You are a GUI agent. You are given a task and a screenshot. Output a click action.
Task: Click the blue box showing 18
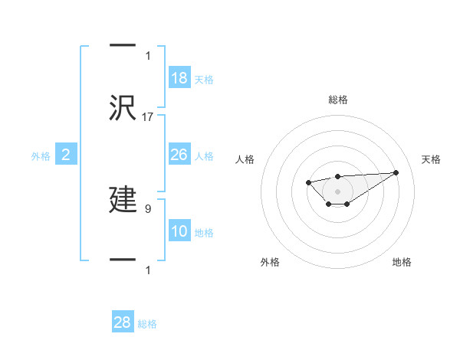179,78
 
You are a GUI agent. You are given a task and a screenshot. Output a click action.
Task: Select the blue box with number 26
179,155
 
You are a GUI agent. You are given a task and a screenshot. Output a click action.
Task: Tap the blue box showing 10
179,231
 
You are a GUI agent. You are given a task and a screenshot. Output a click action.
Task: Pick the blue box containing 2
65,155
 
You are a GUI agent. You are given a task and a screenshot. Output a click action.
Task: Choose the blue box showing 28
123,322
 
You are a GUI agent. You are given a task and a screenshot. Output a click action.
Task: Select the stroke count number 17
148,116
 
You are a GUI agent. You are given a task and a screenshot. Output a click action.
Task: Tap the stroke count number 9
148,207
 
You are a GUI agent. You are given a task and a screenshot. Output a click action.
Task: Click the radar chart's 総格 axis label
338,100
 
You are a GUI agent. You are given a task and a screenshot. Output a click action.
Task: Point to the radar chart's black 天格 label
431,159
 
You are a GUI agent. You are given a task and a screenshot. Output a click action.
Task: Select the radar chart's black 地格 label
402,262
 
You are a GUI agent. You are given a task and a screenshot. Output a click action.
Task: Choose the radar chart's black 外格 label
270,262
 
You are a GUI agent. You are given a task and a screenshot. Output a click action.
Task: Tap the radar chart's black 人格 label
245,159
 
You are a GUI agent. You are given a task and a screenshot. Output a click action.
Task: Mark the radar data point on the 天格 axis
396,172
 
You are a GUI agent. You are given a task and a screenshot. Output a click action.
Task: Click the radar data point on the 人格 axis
308,182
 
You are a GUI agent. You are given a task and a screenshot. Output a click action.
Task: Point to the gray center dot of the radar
338,191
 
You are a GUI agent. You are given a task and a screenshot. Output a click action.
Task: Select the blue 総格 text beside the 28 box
148,324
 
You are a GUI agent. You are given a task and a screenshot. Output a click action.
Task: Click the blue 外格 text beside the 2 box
41,156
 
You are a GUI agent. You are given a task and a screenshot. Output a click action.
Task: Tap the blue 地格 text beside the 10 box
204,233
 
